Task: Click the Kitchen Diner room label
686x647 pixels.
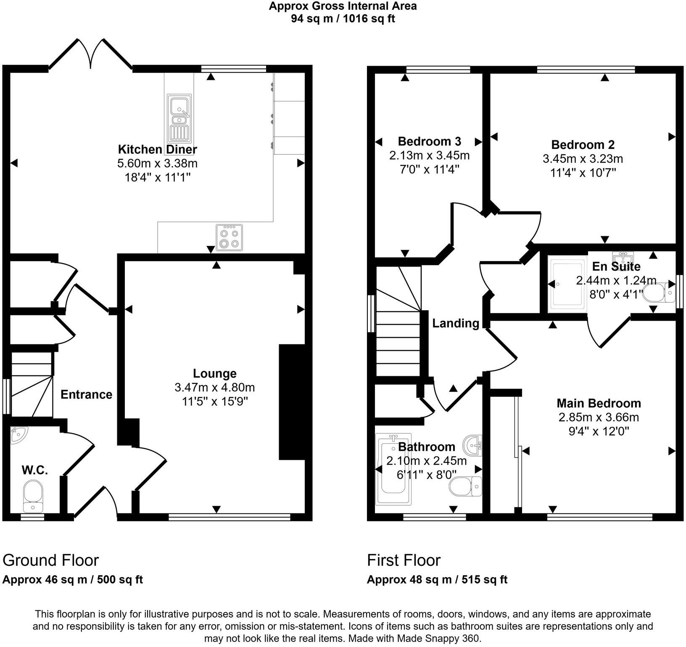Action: click(x=157, y=149)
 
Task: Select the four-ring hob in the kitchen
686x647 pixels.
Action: click(x=229, y=238)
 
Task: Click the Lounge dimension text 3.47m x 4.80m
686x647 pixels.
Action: click(x=214, y=387)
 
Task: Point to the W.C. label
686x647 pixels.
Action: click(x=34, y=470)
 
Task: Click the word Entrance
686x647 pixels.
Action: click(x=86, y=394)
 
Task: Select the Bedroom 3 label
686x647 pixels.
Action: click(x=429, y=141)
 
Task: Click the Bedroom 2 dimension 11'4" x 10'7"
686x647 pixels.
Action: click(x=583, y=172)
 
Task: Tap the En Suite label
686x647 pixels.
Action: click(x=616, y=266)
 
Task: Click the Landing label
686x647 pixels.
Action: click(x=456, y=323)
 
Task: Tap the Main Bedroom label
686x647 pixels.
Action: click(x=599, y=403)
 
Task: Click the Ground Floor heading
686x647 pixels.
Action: click(x=50, y=560)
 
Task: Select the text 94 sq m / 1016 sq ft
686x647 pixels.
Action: click(x=343, y=19)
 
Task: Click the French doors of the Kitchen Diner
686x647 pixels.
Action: click(x=91, y=54)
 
